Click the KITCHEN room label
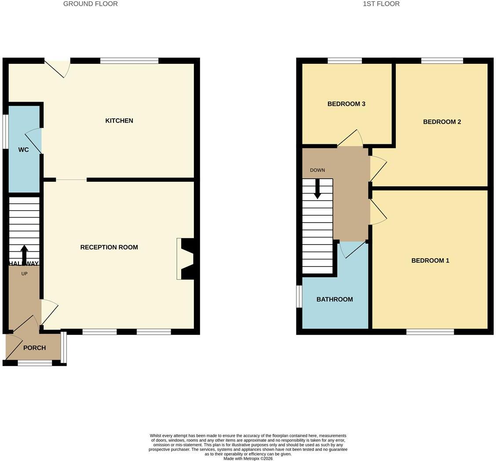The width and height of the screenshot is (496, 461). (119, 121)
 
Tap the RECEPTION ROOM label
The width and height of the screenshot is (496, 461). (109, 247)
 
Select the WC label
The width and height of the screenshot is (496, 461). (23, 150)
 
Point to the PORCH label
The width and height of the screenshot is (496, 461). (34, 348)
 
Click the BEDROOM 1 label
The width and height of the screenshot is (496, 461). (430, 260)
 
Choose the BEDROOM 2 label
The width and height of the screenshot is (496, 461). (442, 122)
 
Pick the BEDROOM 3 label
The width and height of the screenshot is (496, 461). (346, 104)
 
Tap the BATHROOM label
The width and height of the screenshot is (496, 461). (335, 299)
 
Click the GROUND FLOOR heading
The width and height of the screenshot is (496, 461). (91, 4)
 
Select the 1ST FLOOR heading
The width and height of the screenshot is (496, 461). (381, 4)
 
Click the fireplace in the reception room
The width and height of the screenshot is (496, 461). (185, 259)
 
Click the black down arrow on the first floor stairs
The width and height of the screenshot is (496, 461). (317, 189)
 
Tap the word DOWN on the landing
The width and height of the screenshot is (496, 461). (317, 170)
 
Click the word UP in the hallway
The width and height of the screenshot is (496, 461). (24, 274)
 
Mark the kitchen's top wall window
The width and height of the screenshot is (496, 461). (129, 61)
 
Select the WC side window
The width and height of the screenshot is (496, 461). (5, 132)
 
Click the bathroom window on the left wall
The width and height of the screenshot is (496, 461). (299, 296)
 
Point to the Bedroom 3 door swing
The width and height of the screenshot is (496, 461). (350, 138)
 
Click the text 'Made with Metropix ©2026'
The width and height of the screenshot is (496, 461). (248, 458)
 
